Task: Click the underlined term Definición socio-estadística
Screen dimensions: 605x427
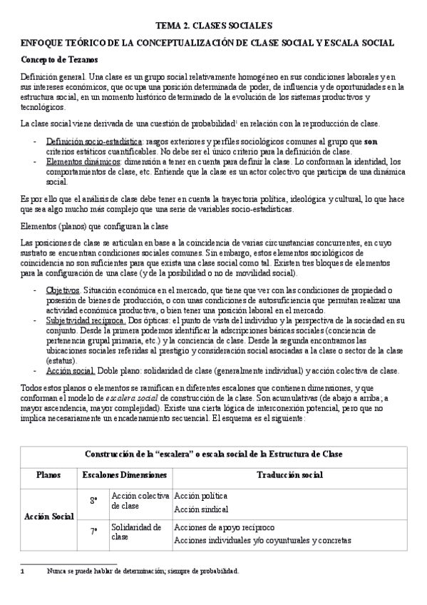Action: coord(88,142)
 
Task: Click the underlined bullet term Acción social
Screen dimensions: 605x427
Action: coord(70,371)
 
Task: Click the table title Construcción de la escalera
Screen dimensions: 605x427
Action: coord(213,454)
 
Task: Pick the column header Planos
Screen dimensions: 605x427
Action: coord(48,474)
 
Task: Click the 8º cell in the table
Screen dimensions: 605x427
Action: coord(93,501)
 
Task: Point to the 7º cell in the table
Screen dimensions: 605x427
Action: coord(93,532)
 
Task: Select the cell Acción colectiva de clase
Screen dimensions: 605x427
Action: coord(140,500)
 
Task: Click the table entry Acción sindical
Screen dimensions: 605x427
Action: coord(201,509)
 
